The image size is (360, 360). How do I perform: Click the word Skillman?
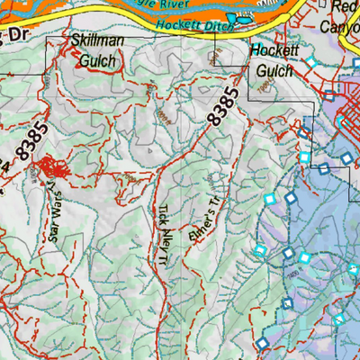[95, 40]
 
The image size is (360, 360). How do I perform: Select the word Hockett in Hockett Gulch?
[274, 50]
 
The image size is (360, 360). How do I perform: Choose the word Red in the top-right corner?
[343, 8]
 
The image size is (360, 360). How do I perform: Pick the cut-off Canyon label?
[339, 26]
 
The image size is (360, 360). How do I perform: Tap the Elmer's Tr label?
[202, 221]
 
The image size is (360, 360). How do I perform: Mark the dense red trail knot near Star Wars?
[46, 168]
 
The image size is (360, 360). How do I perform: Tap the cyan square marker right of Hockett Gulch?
[311, 61]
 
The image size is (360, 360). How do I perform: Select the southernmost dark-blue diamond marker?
[262, 344]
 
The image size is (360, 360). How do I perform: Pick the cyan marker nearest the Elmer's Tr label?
[267, 199]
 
